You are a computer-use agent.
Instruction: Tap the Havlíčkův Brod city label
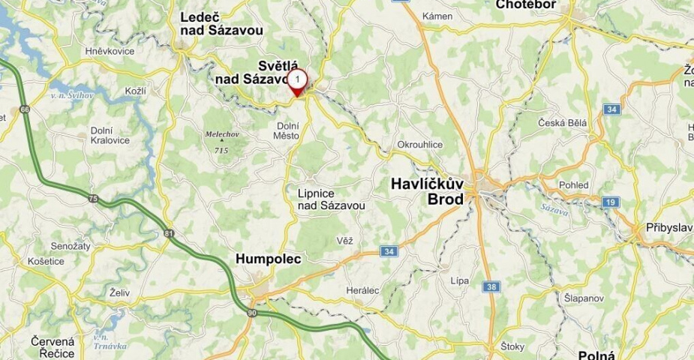[x=428, y=191]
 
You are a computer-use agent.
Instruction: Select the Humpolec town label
[x=269, y=259]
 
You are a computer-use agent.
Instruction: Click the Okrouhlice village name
[x=420, y=145]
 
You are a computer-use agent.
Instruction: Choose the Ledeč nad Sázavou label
[x=221, y=23]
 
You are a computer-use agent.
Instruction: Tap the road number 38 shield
[x=491, y=286]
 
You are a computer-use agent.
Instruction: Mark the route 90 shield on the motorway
[x=251, y=312]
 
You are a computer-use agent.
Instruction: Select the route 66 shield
[x=25, y=109]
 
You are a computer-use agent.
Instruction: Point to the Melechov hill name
[x=221, y=135]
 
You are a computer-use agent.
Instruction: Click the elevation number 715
[x=221, y=150]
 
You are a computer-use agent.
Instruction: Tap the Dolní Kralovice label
[x=110, y=135]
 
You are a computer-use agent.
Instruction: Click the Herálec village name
[x=363, y=290]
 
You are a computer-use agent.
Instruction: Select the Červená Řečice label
[x=53, y=347]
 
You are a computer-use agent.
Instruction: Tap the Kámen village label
[x=437, y=16]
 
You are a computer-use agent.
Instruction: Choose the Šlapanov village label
[x=584, y=298]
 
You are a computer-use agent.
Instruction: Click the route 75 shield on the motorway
[x=92, y=198]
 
